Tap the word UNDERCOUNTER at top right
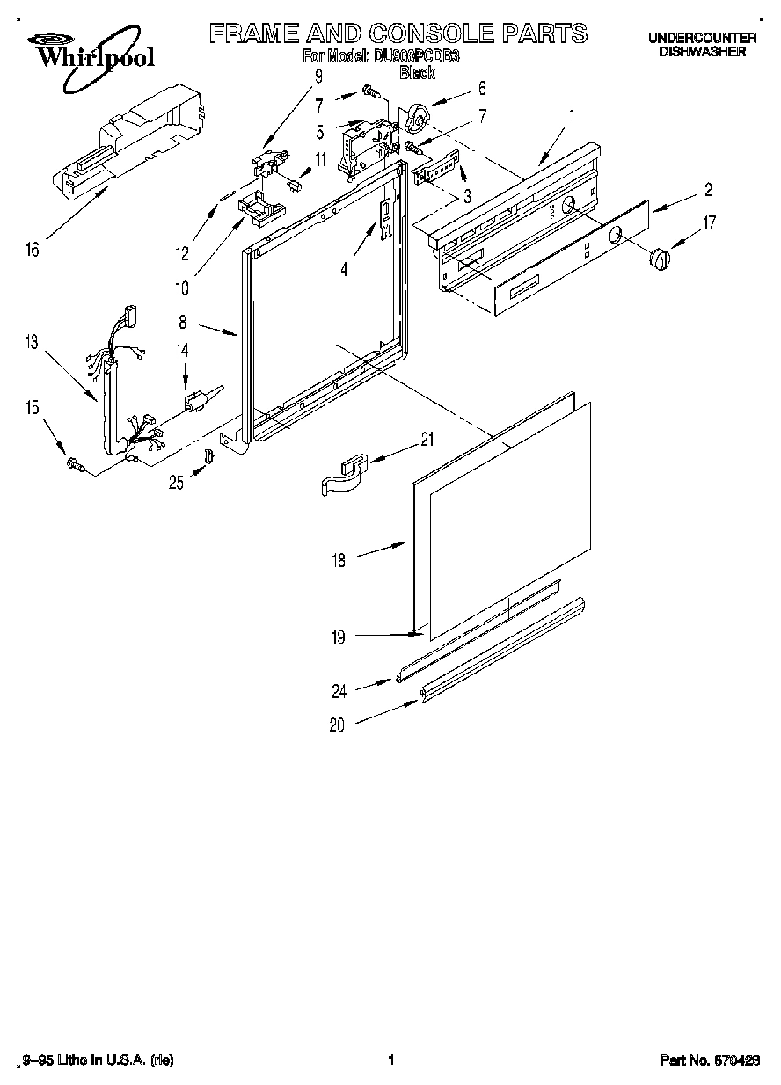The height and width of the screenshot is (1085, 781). (x=702, y=38)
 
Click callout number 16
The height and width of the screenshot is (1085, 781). (x=33, y=251)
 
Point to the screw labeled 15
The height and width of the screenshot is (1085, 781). (x=74, y=464)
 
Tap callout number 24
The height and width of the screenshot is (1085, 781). (x=339, y=692)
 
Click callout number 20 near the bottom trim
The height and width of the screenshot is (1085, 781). (x=337, y=725)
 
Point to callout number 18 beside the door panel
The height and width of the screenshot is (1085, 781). (x=339, y=559)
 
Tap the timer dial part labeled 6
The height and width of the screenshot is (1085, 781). (x=416, y=117)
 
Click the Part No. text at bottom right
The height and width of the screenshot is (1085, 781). (x=710, y=1061)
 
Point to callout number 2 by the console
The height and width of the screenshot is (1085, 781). (x=708, y=189)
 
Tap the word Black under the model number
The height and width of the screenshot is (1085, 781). (x=417, y=74)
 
